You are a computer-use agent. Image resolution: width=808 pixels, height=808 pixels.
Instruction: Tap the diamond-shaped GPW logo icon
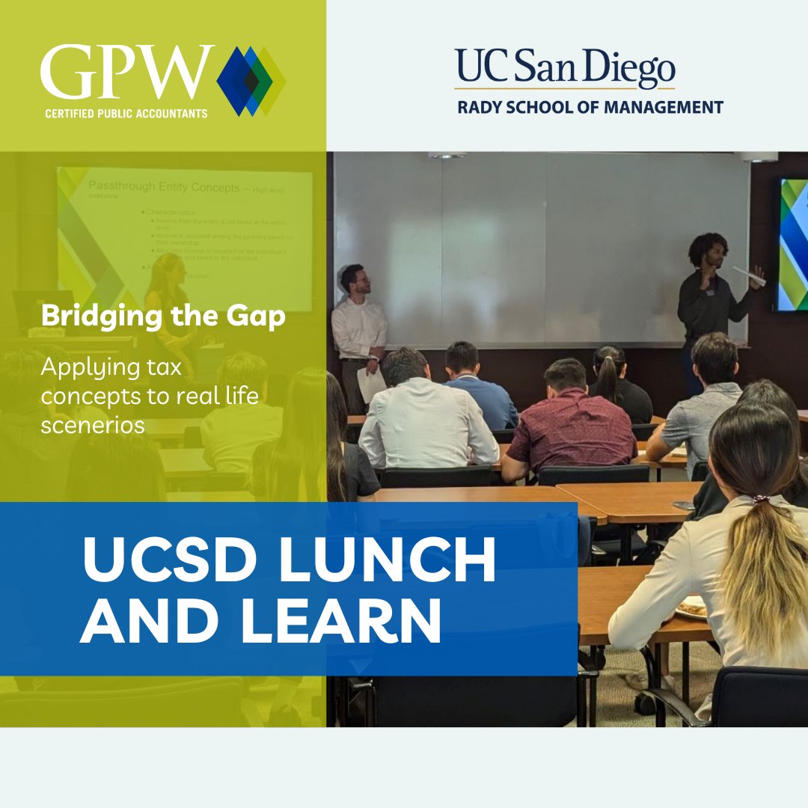[251, 81]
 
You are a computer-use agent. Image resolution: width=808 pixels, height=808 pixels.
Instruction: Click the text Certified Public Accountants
[125, 113]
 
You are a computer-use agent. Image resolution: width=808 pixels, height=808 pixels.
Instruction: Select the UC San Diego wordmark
[565, 68]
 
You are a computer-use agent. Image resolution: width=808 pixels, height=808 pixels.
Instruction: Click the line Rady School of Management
[590, 107]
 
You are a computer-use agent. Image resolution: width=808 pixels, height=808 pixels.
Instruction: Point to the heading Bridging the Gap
[163, 316]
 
